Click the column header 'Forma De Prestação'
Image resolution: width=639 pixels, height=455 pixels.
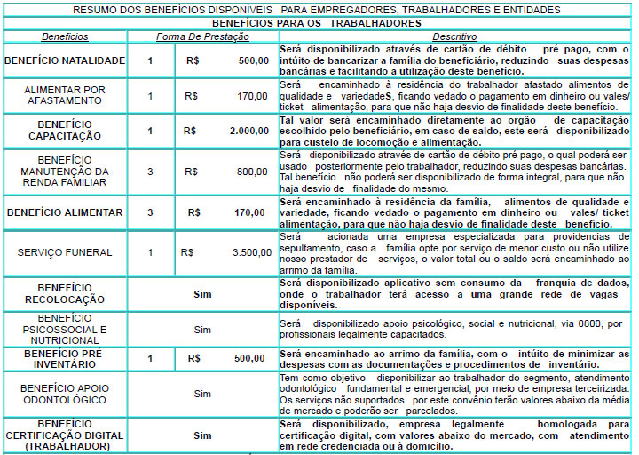pos(203,36)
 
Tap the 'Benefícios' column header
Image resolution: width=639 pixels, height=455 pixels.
pos(64,36)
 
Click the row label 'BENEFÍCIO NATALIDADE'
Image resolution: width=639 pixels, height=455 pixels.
pos(64,61)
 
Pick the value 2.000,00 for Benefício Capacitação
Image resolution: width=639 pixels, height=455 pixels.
pos(248,131)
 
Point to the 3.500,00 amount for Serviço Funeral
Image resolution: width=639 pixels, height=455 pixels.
pos(251,252)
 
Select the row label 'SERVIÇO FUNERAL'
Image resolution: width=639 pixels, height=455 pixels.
pos(65,252)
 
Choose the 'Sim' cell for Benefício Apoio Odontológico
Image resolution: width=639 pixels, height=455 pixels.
pos(202,393)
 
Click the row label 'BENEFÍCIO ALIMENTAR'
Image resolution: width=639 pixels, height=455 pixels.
pos(64,213)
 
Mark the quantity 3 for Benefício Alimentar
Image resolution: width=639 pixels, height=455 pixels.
pos(150,213)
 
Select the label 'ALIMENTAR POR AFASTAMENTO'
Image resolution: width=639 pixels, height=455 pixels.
pos(64,95)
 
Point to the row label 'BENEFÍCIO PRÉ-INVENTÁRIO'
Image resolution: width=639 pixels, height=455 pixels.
pos(64,359)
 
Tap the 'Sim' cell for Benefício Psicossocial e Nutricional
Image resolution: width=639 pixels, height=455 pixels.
pos(202,329)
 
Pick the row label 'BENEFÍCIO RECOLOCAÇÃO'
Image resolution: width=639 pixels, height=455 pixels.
pos(64,294)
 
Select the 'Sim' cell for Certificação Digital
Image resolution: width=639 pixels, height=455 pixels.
pos(202,435)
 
